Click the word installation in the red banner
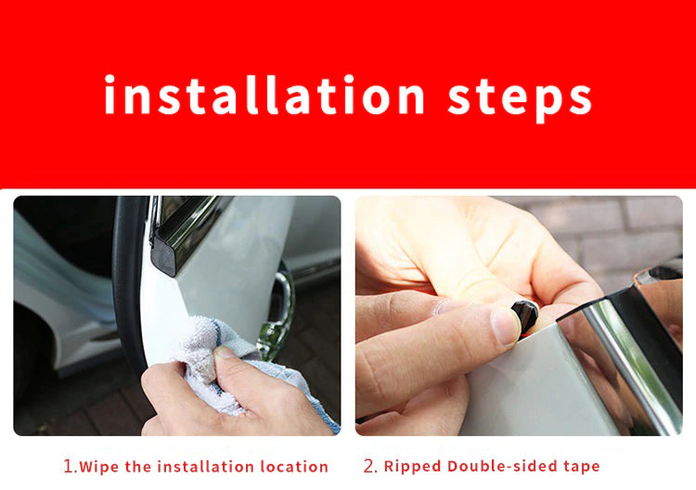click(264, 95)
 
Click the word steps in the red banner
click(520, 98)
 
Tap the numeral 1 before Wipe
click(69, 466)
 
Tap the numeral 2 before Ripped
click(369, 466)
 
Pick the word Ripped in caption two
click(413, 467)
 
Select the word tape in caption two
click(582, 467)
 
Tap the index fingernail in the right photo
click(505, 327)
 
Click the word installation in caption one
click(205, 467)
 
